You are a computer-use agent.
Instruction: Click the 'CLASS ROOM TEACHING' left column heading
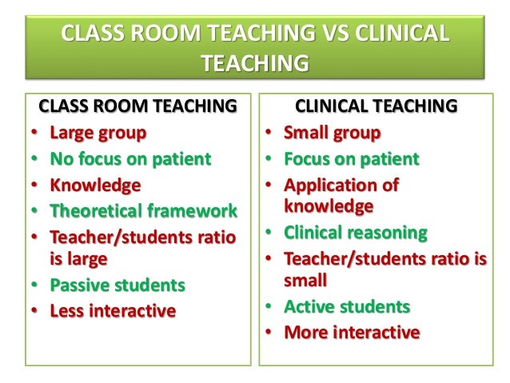pos(137,106)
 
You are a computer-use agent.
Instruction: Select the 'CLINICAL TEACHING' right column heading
pos(377,106)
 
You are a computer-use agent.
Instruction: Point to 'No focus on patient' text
pos(130,158)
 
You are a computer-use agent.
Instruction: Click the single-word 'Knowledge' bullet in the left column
pos(95,185)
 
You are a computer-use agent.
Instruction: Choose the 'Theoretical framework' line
pos(143,211)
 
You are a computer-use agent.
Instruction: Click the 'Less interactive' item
pos(112,310)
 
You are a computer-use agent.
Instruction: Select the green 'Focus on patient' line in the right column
pos(351,158)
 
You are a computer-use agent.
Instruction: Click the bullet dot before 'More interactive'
pos(269,333)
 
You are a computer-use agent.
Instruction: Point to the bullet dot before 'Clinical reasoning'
pos(269,233)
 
